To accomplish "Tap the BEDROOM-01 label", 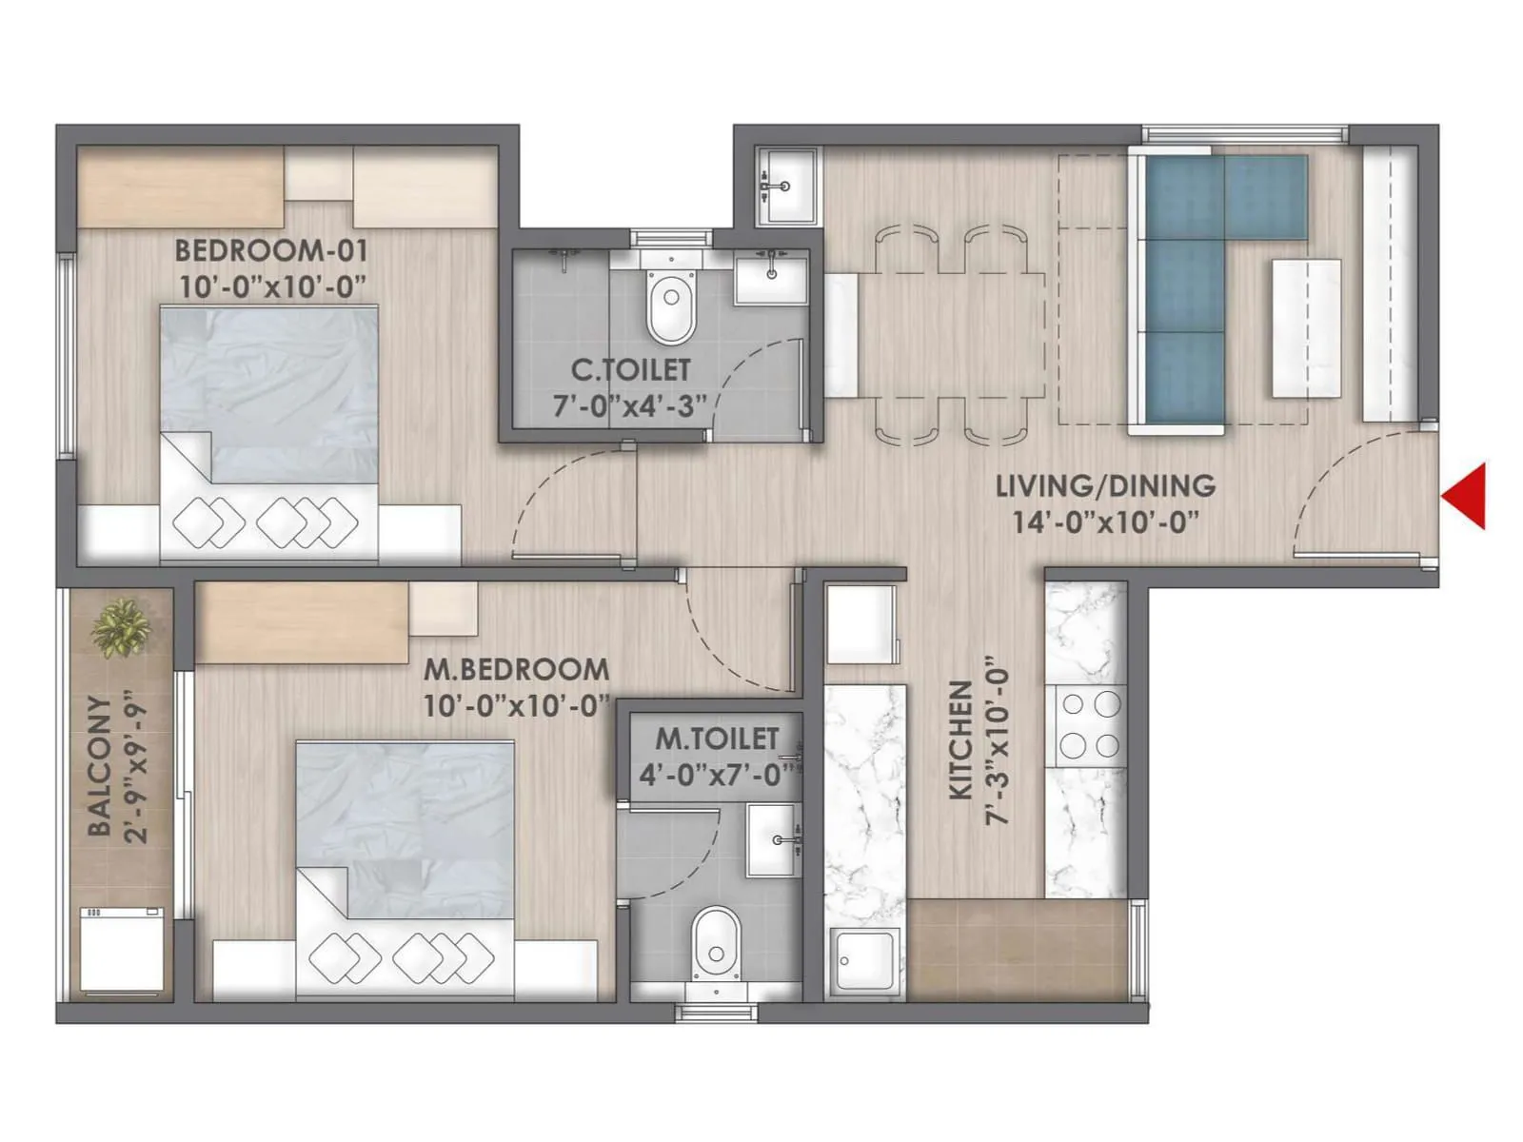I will click(270, 251).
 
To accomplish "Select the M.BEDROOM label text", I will click(516, 669).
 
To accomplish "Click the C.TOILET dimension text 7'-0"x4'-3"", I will click(630, 406).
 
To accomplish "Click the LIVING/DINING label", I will click(1105, 485).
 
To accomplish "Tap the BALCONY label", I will click(99, 766).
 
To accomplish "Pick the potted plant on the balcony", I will click(121, 628).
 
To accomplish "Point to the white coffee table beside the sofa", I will click(1306, 328).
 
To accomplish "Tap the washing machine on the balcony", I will click(121, 949).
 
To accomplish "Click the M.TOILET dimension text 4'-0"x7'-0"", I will click(716, 776).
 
